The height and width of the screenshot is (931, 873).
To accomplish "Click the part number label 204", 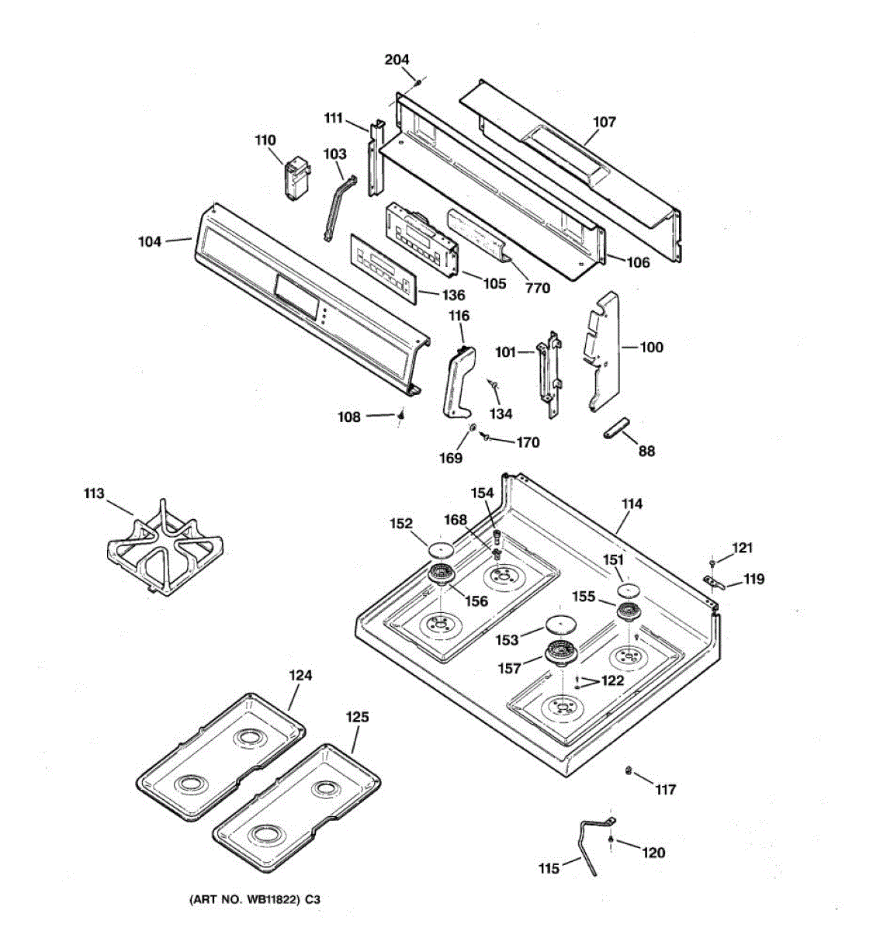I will (x=397, y=60).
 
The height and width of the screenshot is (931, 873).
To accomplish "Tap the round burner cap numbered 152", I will (x=440, y=549).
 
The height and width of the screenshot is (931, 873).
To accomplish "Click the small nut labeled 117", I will (x=628, y=770).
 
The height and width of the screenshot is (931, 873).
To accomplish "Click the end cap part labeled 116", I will (x=458, y=381).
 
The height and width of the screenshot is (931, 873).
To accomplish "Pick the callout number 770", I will (x=537, y=289).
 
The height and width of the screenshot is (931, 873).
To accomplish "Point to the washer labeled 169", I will (x=471, y=428).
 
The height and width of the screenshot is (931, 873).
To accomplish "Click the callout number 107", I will (x=604, y=122).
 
